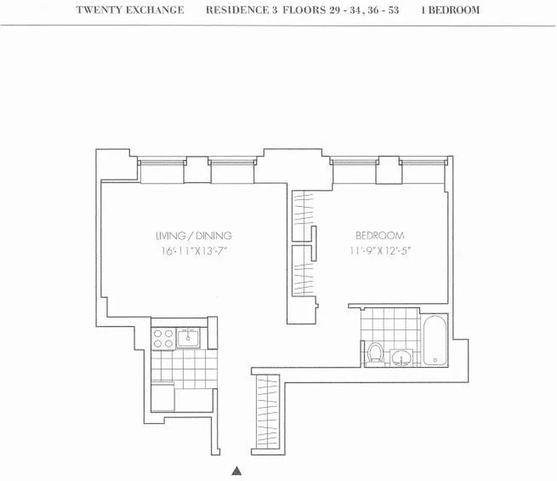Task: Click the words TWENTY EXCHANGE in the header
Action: coord(130,10)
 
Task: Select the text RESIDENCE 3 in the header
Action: coord(237,10)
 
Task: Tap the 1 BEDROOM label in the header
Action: coord(450,10)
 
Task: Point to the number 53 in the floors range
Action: coord(393,10)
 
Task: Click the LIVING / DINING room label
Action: coord(193,236)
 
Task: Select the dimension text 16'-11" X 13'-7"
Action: coord(193,251)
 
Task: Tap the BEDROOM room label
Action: coord(379,236)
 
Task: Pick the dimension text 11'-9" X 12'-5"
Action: coord(379,251)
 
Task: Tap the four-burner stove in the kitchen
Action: coord(163,339)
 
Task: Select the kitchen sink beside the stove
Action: coord(190,337)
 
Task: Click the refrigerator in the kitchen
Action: coord(162,397)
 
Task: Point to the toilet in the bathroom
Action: coord(376,352)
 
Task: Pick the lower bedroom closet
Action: coord(302,270)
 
